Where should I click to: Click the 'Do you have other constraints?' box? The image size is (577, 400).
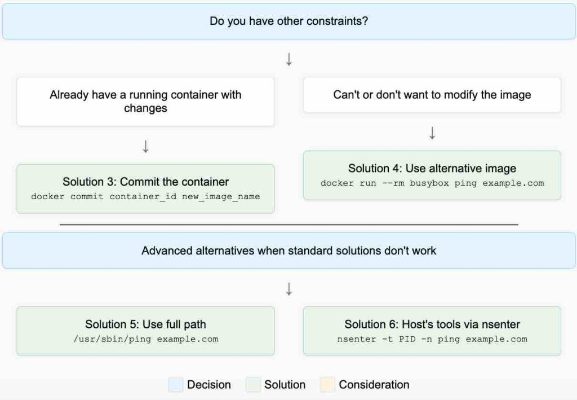288,21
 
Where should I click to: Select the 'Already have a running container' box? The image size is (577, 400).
145,102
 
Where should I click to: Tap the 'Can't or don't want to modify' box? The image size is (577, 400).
432,95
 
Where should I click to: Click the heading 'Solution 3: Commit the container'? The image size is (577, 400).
145,182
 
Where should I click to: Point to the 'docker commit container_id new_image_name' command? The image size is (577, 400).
145,196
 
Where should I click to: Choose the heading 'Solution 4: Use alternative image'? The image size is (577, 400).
432,168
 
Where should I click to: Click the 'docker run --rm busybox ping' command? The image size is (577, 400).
432,183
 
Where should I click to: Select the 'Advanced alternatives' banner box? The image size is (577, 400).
288,250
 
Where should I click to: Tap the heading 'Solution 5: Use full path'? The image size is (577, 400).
145,324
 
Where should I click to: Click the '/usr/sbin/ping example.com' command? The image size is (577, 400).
145,339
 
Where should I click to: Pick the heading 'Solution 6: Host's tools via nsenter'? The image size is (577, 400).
432,324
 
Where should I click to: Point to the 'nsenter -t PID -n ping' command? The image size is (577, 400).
432,339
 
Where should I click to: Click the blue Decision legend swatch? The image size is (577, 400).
176,385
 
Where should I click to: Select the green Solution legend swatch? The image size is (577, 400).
254,385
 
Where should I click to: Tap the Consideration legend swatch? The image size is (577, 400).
327,385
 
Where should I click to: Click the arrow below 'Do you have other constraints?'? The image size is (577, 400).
288,59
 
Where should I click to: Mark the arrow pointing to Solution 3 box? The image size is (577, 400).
145,147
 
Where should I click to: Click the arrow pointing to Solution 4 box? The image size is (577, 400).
432,133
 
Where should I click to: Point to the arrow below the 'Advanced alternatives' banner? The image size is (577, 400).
288,289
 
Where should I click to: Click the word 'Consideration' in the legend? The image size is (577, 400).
374,385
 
